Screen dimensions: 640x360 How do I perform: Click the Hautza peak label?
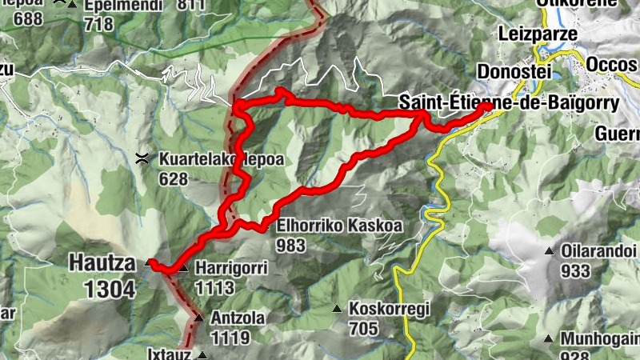tap(102, 261)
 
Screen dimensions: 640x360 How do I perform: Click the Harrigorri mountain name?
tap(230, 269)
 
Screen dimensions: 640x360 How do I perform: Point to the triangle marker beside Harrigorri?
tap(183, 269)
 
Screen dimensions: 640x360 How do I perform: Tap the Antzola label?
tap(238, 318)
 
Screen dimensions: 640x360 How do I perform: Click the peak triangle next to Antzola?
tap(199, 318)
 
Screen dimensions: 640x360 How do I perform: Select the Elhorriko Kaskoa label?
tap(339, 227)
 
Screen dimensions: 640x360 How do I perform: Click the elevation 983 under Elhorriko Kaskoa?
tap(292, 246)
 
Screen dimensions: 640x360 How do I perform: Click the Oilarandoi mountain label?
tap(598, 251)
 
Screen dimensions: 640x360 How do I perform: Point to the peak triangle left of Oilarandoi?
tap(549, 252)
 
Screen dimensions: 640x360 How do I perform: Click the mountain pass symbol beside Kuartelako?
tap(143, 158)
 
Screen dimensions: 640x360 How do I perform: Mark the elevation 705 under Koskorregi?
tap(364, 327)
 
